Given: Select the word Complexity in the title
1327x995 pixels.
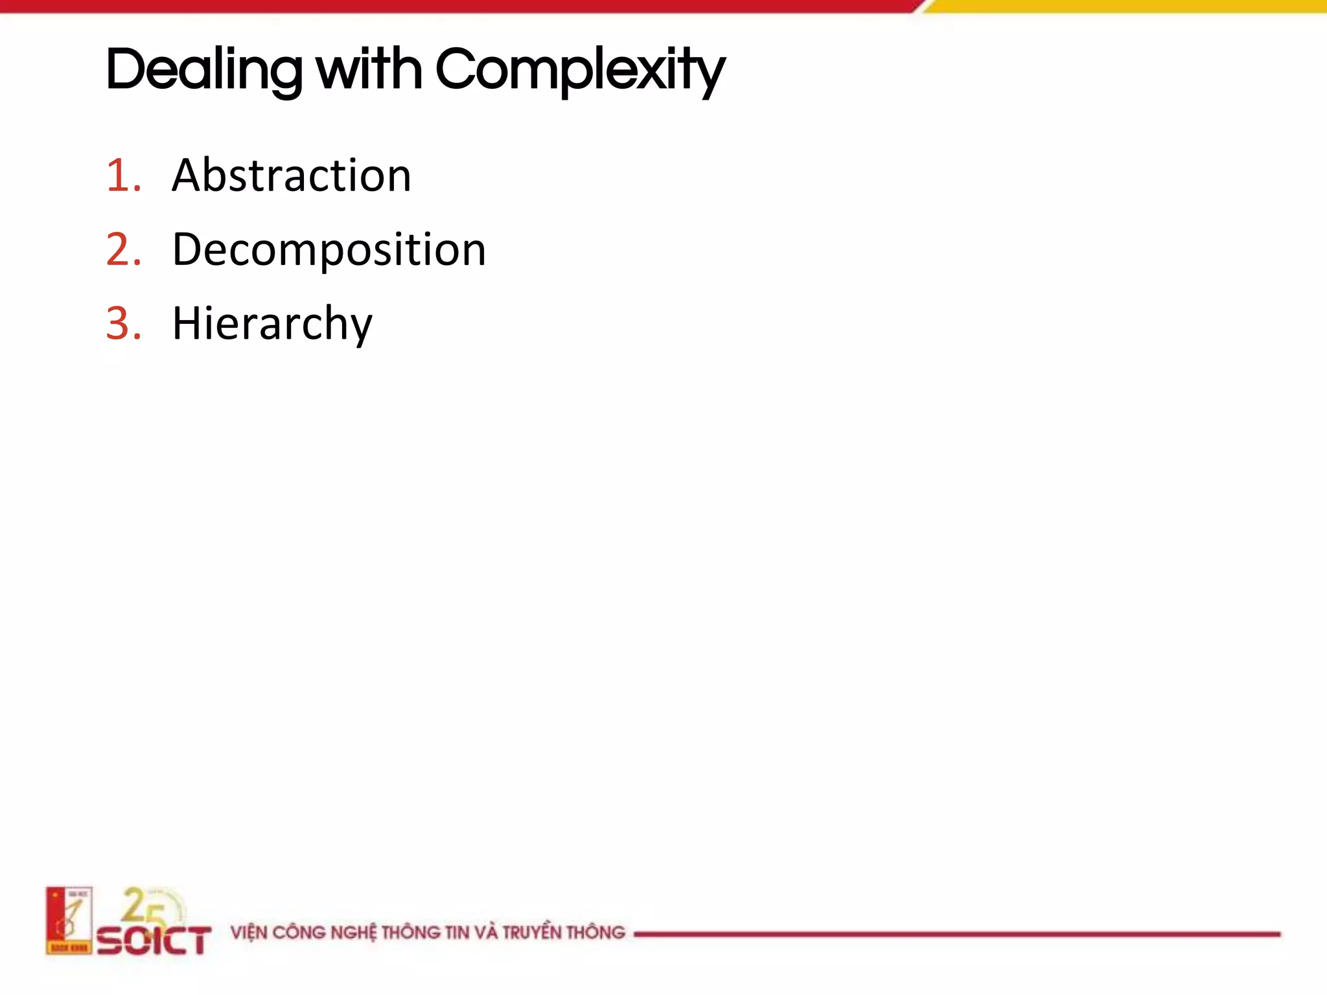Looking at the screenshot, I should pyautogui.click(x=580, y=70).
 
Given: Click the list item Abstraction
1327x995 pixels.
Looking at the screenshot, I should pyautogui.click(x=292, y=176).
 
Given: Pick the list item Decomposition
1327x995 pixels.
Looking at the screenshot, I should pyautogui.click(x=329, y=250).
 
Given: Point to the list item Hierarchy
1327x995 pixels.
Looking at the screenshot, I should pyautogui.click(x=272, y=324).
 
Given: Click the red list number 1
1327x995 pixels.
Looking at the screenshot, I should pyautogui.click(x=122, y=176).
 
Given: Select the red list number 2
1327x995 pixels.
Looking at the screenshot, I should pyautogui.click(x=123, y=250).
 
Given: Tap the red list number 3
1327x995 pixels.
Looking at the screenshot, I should pyautogui.click(x=123, y=324).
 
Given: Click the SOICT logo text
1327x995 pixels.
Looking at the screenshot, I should pyautogui.click(x=154, y=940).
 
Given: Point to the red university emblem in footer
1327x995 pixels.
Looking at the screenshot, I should pyautogui.click(x=69, y=921).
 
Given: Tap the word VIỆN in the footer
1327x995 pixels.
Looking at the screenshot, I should pyautogui.click(x=249, y=933).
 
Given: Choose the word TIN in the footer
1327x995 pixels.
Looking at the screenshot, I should pyautogui.click(x=457, y=933).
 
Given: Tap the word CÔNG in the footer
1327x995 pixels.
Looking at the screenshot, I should pyautogui.click(x=299, y=933).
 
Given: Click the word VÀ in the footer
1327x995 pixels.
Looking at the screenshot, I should pyautogui.click(x=486, y=932).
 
